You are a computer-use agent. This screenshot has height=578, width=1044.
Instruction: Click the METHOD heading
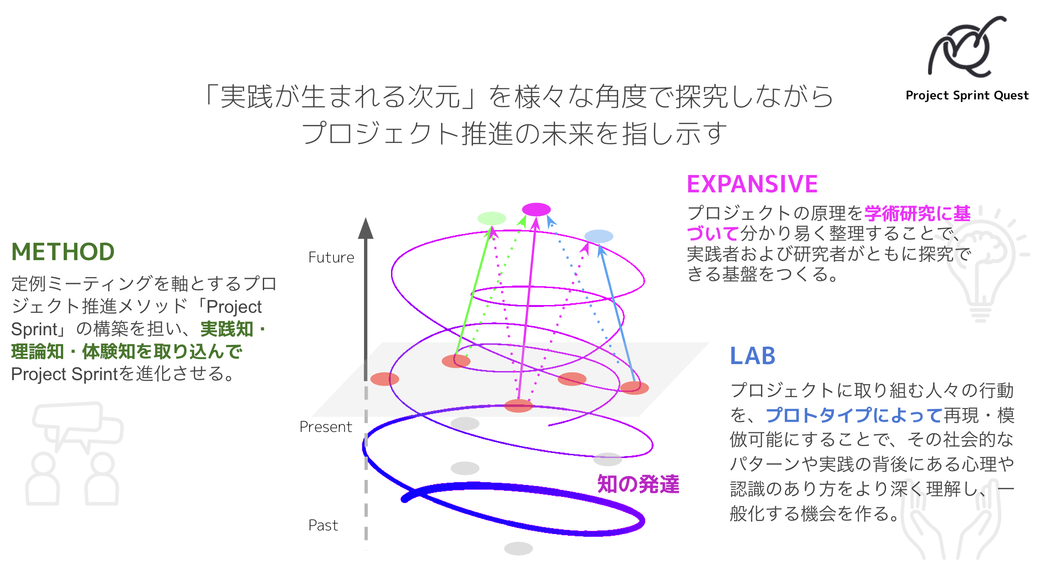click(x=63, y=252)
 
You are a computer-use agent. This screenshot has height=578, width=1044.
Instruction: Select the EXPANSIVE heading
click(x=752, y=184)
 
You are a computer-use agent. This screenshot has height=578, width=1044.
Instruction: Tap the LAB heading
click(x=752, y=356)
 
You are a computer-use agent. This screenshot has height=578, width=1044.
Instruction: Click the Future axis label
click(x=331, y=257)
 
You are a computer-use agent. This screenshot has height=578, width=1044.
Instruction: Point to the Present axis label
click(x=326, y=427)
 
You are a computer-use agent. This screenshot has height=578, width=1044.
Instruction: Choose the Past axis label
click(x=323, y=525)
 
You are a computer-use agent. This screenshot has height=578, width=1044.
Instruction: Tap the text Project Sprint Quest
click(x=967, y=95)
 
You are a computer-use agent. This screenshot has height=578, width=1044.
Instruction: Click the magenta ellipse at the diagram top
click(x=536, y=209)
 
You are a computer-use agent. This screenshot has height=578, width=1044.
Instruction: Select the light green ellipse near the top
click(x=492, y=218)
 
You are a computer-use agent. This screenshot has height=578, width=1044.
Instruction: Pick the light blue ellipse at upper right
click(x=599, y=236)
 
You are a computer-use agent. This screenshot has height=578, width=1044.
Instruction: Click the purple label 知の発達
click(x=638, y=484)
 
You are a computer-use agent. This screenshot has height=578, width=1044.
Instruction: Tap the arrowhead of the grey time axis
click(x=365, y=228)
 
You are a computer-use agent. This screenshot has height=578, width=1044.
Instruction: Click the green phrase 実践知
click(x=227, y=329)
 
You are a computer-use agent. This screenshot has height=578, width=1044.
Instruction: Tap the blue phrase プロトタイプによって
click(x=854, y=415)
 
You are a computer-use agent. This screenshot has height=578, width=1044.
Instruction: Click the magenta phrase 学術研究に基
click(x=917, y=214)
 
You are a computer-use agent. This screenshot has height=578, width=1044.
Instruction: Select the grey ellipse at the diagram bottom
click(x=518, y=548)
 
